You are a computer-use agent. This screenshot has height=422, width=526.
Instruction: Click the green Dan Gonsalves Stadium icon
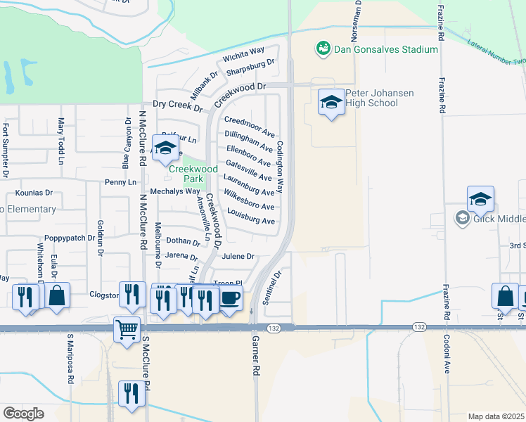click(x=323, y=49)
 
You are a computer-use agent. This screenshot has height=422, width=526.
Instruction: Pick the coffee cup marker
click(x=230, y=298)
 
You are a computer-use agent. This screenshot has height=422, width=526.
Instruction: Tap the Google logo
click(x=23, y=413)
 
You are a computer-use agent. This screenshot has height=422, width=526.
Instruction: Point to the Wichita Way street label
click(x=243, y=55)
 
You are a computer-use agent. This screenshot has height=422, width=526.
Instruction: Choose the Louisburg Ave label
click(x=251, y=220)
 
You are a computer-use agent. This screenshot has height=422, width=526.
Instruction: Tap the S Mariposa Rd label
click(x=70, y=359)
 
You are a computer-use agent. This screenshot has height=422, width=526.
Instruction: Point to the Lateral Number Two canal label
click(x=495, y=53)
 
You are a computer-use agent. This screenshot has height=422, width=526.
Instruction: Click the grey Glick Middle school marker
click(x=462, y=218)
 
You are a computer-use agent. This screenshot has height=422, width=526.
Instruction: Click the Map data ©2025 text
click(x=496, y=416)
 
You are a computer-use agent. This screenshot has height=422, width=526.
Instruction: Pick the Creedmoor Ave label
click(x=250, y=126)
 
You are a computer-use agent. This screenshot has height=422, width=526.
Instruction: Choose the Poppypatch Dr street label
click(x=69, y=238)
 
